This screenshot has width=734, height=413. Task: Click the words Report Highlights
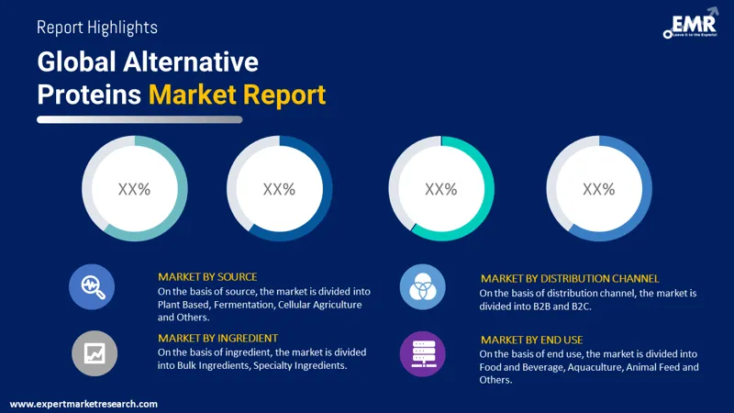pos(96,28)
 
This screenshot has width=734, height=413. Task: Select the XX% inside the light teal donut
pos(134,189)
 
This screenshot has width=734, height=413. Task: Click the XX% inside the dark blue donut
pos(279,189)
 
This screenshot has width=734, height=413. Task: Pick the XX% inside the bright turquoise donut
pos(441,189)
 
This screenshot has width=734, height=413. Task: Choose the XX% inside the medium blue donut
pos(598,189)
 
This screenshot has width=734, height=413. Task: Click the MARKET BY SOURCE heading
pos(207,276)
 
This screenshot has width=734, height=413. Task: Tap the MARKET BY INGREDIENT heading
pos(217,338)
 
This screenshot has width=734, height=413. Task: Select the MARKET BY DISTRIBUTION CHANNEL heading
pos(570,278)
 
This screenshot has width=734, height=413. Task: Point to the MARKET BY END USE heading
pos(531,340)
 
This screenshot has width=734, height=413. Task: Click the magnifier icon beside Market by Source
pos(93,286)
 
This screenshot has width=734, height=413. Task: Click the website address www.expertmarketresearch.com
pos(83,404)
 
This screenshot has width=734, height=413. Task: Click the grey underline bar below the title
pos(139,119)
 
